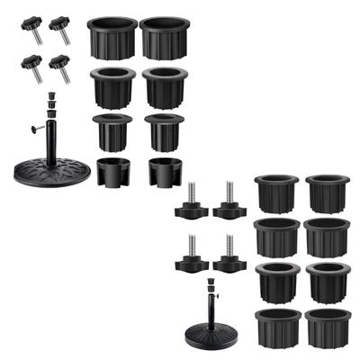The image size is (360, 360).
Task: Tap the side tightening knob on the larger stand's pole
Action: (37, 128)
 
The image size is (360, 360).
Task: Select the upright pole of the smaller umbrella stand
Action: (212, 310)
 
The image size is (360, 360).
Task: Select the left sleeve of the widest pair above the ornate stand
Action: (112, 38)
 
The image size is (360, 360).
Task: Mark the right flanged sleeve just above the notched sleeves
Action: (164, 130)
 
